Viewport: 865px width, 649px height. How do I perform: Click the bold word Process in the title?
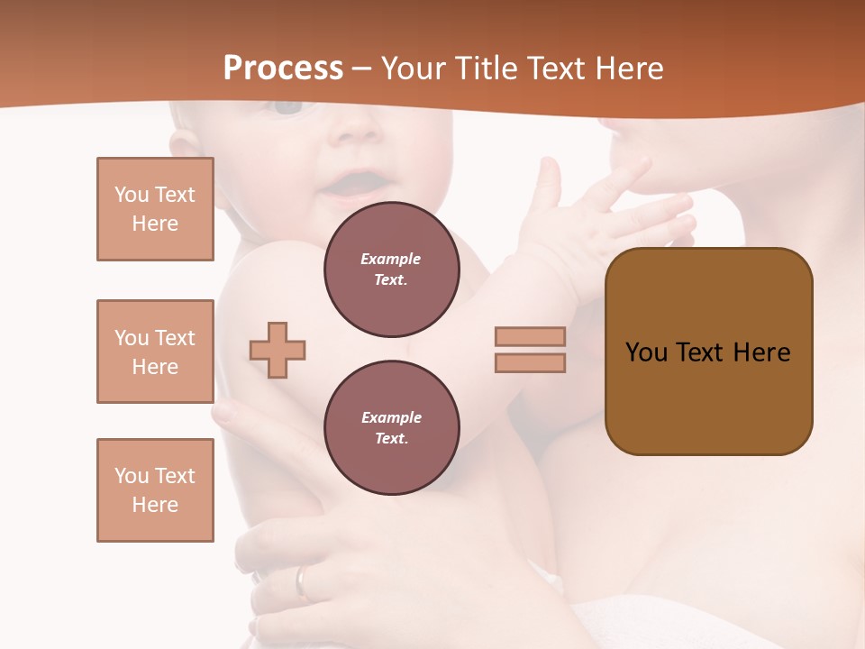coord(283,68)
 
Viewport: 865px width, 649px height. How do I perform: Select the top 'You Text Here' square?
coord(155,209)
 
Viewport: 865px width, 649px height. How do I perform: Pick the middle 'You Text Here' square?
coord(155,352)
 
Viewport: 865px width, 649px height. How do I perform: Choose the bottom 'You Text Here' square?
coord(155,490)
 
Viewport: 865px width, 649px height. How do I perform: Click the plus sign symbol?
coord(278,350)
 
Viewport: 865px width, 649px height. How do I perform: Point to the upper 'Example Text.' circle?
coord(391,269)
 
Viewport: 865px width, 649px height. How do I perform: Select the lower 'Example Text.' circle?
coord(391,427)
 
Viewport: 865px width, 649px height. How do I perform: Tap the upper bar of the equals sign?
coord(530,336)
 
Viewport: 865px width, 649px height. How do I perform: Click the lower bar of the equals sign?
coord(530,362)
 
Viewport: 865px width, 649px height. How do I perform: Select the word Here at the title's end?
coord(628,68)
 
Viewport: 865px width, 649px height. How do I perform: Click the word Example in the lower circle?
coord(391,417)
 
